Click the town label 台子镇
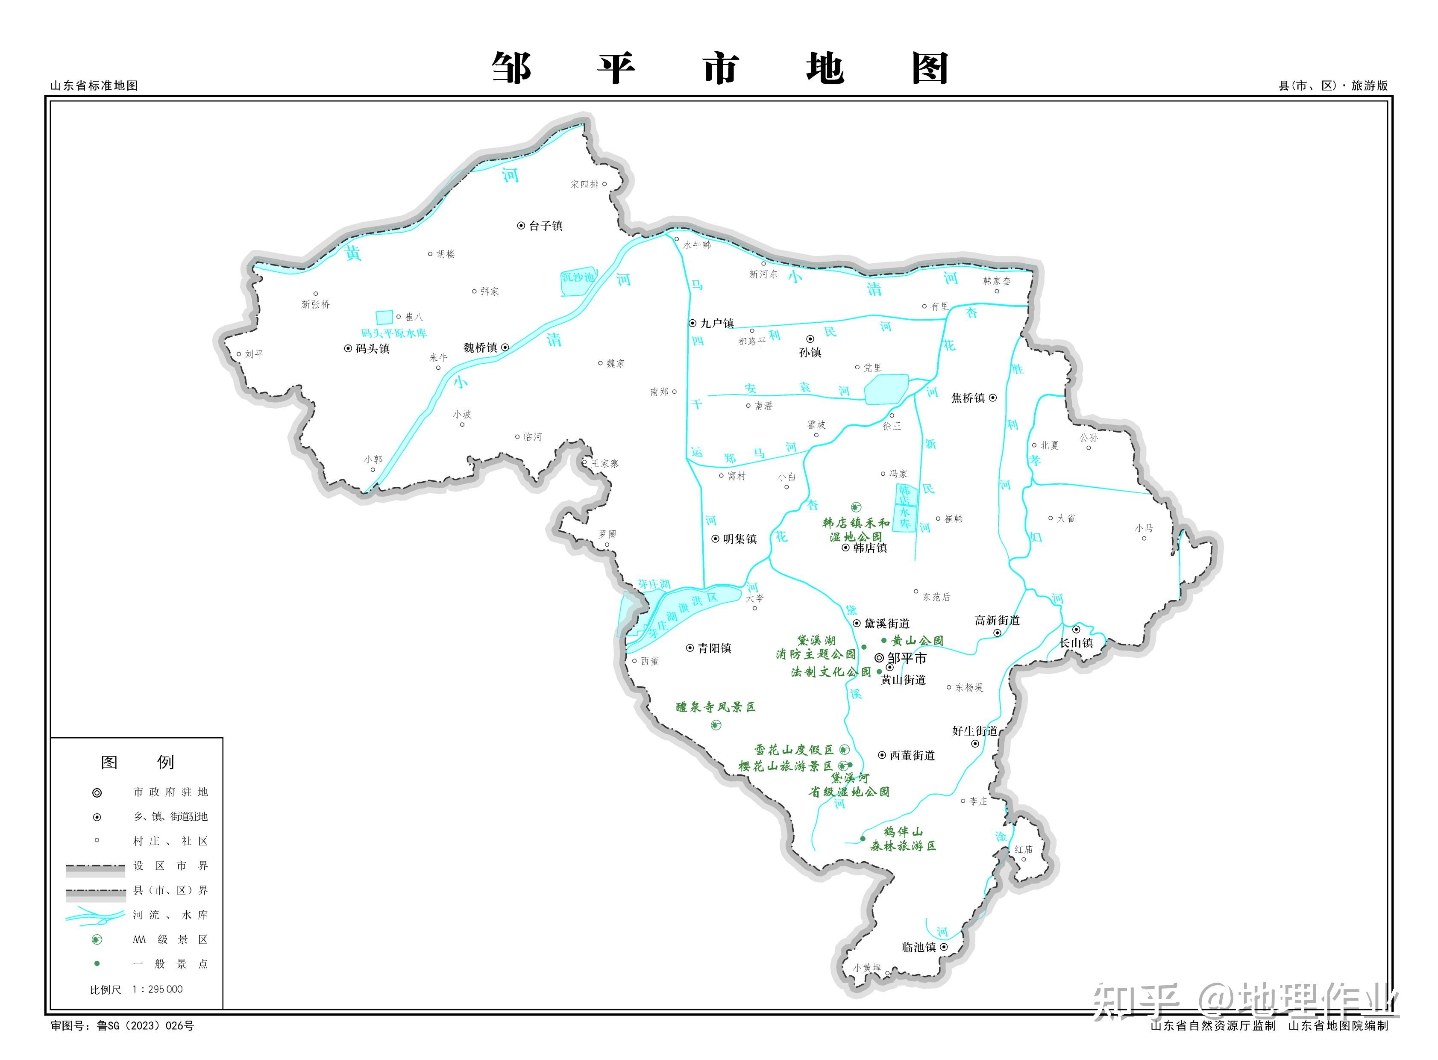(x=545, y=226)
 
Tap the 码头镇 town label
(x=372, y=348)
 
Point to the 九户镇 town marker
(x=693, y=324)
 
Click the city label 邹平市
(x=906, y=658)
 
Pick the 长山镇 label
(x=1076, y=643)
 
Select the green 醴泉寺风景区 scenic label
(x=716, y=707)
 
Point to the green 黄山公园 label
(x=917, y=640)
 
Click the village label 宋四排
(x=584, y=184)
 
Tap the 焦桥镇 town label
(x=967, y=398)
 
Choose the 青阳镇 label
(x=714, y=648)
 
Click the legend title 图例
(x=137, y=762)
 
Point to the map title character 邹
(x=511, y=68)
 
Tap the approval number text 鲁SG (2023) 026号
(x=145, y=1025)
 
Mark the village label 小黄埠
(x=866, y=968)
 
